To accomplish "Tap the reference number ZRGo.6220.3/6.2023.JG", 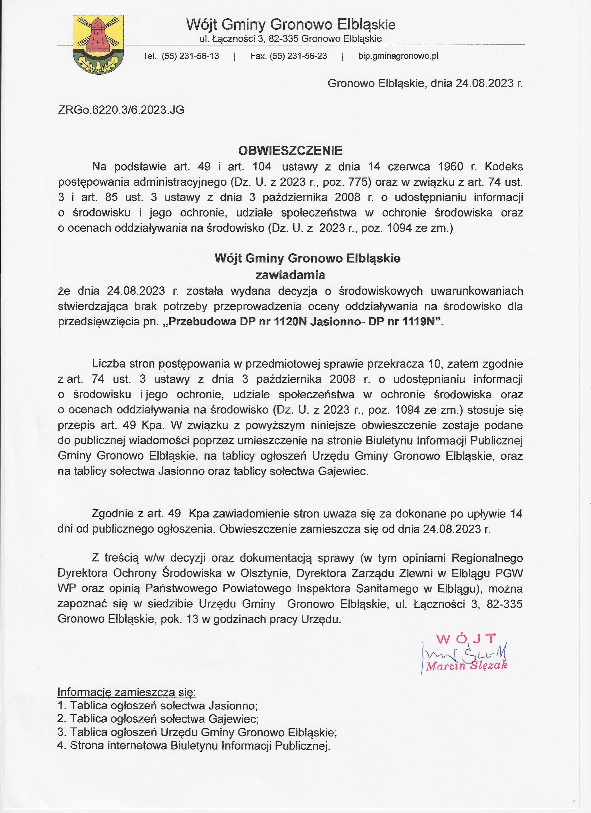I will coord(121,110).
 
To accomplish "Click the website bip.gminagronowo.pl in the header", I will coord(398,56).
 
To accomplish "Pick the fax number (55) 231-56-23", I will coord(298,56).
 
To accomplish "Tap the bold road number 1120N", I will coord(291,321).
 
